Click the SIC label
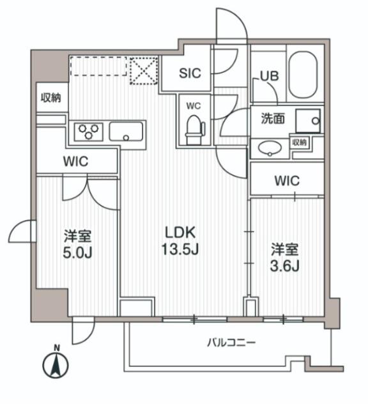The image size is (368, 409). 189,73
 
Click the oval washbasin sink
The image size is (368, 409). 268,148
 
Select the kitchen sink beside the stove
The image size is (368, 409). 127,133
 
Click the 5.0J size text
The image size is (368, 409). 77,252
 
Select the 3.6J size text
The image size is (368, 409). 284,265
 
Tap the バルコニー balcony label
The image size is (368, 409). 231,343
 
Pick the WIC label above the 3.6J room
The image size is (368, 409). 286,181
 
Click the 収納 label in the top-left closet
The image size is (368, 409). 51,98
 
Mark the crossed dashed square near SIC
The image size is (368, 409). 144,71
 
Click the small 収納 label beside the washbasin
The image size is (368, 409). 300,142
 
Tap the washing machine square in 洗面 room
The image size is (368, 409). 309,120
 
